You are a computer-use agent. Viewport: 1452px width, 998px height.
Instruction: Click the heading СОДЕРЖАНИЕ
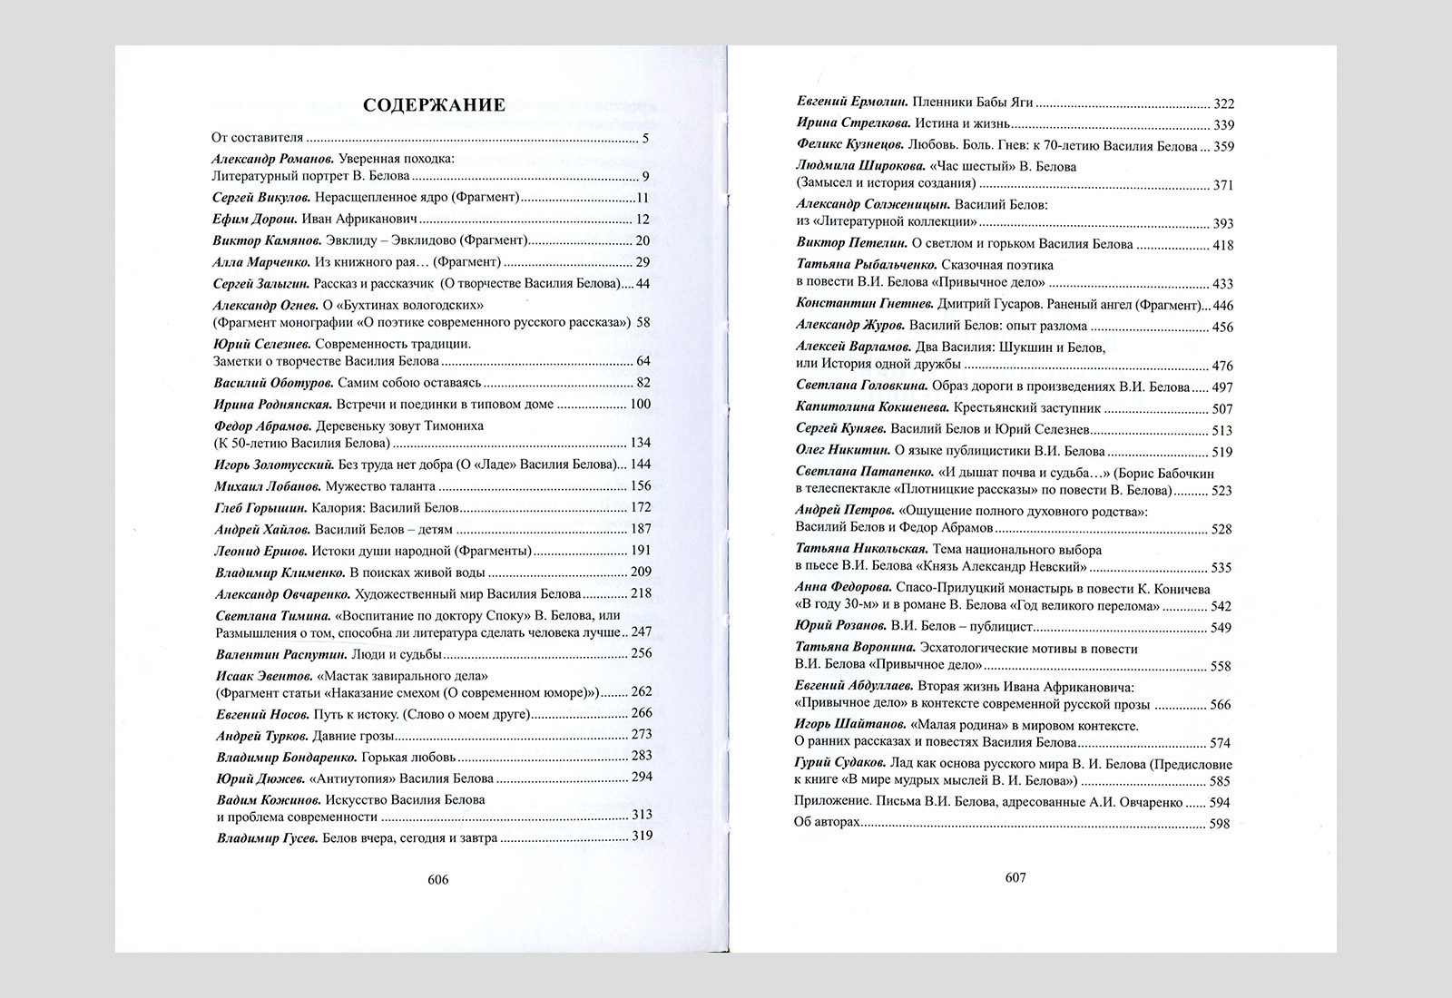(x=434, y=105)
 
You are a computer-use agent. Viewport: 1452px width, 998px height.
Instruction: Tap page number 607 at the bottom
(x=1015, y=877)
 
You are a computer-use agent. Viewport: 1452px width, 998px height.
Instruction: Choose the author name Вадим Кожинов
(x=260, y=800)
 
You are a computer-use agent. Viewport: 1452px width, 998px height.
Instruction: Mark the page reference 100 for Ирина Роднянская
(x=640, y=405)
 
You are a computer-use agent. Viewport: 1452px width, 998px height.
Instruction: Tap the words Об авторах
(x=827, y=824)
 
